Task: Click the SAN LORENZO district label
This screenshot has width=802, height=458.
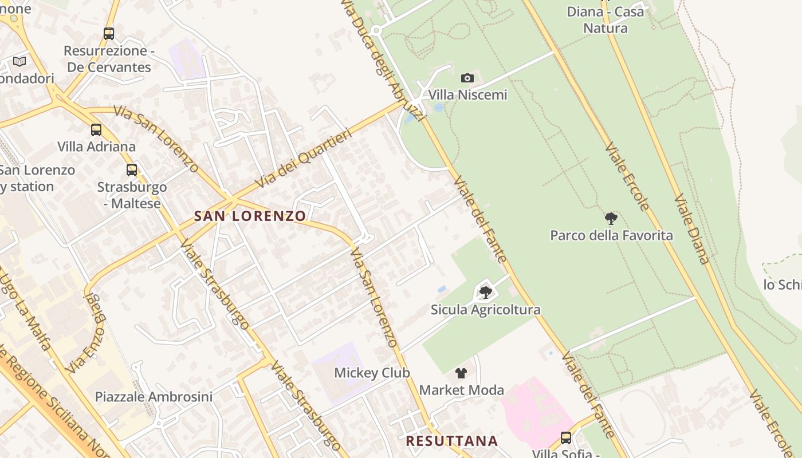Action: point(250,216)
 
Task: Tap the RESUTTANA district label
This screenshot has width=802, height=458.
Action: point(452,441)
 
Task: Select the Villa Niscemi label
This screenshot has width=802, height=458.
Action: point(467,94)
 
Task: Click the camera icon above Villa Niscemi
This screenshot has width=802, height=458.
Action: point(467,78)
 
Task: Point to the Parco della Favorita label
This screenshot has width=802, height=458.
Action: point(611,235)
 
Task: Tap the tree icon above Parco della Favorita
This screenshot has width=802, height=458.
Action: point(611,218)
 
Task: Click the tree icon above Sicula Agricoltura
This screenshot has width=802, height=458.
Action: point(486,293)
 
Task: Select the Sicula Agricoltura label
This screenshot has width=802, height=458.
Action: point(486,310)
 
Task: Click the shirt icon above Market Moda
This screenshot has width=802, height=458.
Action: point(461,373)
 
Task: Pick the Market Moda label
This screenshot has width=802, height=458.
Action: point(462,390)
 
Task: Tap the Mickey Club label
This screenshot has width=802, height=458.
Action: point(372,373)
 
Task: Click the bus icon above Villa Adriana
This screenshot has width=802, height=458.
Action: point(96,130)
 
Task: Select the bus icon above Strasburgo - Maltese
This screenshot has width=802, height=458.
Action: point(132,169)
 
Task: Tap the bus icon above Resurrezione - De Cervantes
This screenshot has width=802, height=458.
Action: point(109,34)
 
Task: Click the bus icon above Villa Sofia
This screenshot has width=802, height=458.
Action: point(566,438)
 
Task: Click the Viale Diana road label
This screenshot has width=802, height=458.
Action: point(692,229)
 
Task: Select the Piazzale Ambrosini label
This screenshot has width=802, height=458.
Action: point(154,397)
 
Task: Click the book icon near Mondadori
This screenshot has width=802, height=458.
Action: point(19,61)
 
